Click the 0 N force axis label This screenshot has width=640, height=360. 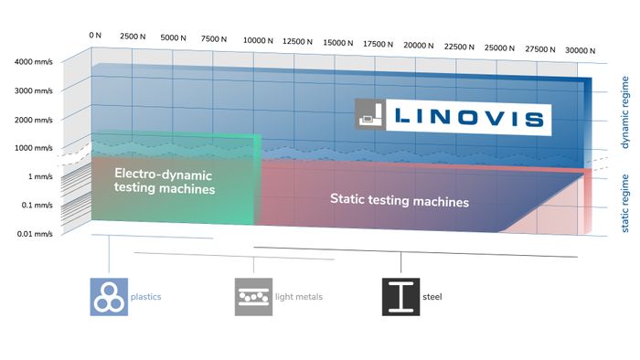(x=94, y=35)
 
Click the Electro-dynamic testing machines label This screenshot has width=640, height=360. (x=165, y=181)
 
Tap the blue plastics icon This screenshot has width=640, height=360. (x=108, y=297)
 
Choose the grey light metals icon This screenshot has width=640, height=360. (x=253, y=297)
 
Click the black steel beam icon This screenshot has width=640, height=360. (x=400, y=297)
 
